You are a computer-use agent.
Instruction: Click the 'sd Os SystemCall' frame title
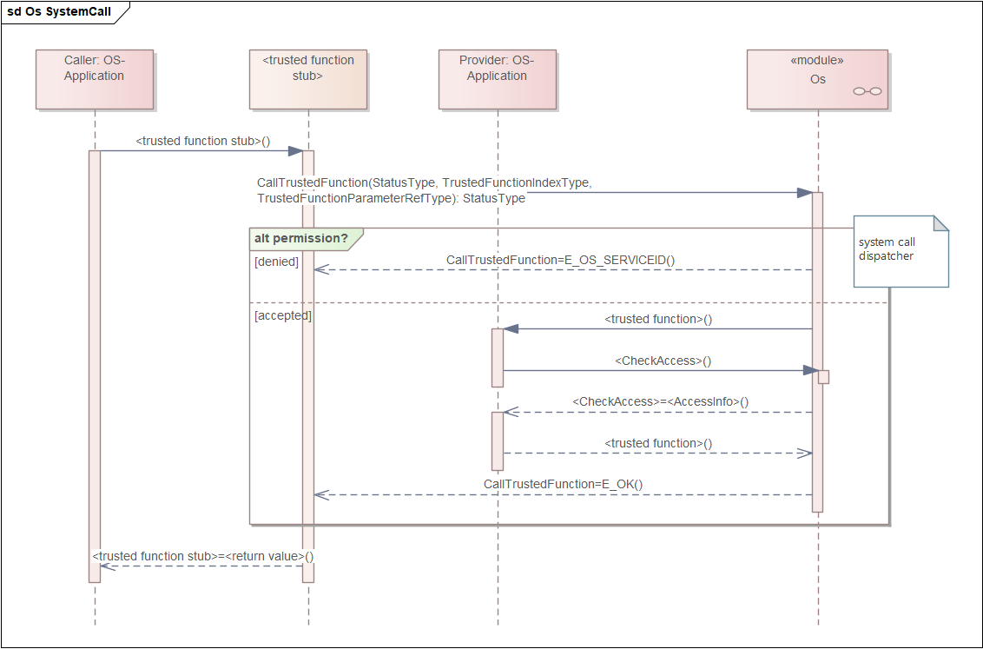click(x=59, y=12)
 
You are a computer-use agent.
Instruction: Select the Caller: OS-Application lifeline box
click(x=95, y=80)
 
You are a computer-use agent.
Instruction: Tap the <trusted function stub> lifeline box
click(x=307, y=80)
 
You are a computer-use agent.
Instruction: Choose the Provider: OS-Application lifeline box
click(x=497, y=80)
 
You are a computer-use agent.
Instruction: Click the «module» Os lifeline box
click(x=817, y=80)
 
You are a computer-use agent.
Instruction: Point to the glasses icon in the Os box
click(x=867, y=91)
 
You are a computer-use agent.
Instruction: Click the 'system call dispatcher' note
click(x=901, y=251)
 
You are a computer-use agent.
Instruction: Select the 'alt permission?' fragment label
click(x=301, y=238)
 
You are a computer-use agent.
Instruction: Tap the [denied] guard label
click(x=276, y=262)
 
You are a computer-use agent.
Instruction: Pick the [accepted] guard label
click(x=283, y=315)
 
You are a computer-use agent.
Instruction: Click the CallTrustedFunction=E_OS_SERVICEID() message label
click(x=560, y=261)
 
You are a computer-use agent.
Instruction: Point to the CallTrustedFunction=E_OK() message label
click(x=563, y=484)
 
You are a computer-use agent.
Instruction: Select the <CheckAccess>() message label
click(x=663, y=361)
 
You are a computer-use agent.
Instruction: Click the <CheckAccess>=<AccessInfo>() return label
click(x=661, y=402)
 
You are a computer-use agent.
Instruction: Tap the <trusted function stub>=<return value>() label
click(x=203, y=556)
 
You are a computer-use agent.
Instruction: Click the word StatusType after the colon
click(x=494, y=198)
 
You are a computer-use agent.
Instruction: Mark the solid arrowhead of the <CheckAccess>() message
click(x=811, y=371)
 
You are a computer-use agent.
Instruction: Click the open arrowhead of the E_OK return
click(x=321, y=495)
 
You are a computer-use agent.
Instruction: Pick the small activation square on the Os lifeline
click(x=824, y=377)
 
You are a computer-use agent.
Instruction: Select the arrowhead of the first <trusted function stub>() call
click(x=296, y=151)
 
